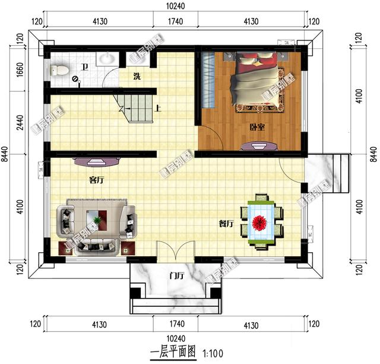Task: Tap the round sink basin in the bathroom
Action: (x=106, y=59)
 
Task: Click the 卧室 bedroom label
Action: (x=257, y=127)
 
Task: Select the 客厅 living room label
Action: (x=96, y=179)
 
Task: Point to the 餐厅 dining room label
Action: (x=226, y=224)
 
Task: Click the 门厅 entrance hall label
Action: (x=176, y=276)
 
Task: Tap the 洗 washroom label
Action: (x=137, y=76)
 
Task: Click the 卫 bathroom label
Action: (x=85, y=67)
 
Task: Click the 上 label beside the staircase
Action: (x=159, y=109)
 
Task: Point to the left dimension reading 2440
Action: (x=20, y=123)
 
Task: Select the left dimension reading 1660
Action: (x=20, y=74)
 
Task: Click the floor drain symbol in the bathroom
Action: (x=75, y=79)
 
